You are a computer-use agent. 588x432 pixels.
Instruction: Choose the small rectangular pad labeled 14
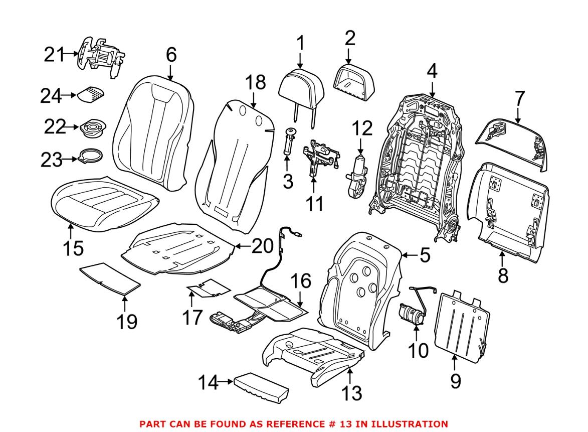pyautogui.click(x=260, y=387)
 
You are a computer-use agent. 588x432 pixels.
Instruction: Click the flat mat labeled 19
pyautogui.click(x=110, y=277)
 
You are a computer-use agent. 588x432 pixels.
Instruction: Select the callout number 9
pyautogui.click(x=455, y=381)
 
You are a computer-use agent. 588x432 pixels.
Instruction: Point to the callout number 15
pyautogui.click(x=73, y=248)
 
